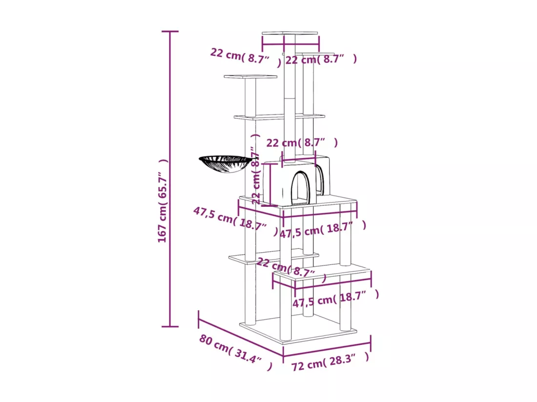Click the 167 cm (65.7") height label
(x=163, y=201)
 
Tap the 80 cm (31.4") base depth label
(x=236, y=352)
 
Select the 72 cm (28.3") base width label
(x=330, y=362)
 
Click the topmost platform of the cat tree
(x=289, y=33)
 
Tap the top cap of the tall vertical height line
(x=170, y=32)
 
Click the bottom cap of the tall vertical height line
(x=170, y=326)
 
